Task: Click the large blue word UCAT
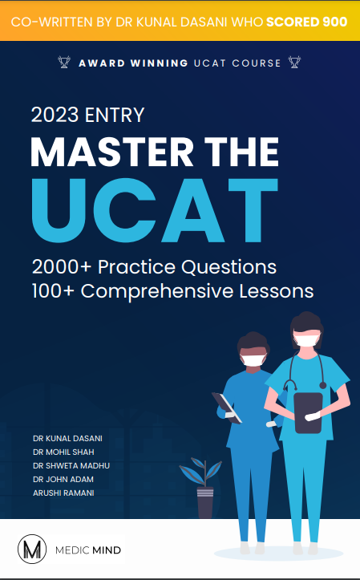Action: point(155,210)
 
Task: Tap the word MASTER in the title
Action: point(112,152)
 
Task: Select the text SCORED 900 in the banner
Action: point(307,22)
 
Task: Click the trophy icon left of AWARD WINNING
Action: point(64,62)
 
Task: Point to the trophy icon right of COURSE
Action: point(294,62)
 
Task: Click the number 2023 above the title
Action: point(55,115)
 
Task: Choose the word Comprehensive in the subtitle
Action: point(157,292)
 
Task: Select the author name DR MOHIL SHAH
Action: point(63,452)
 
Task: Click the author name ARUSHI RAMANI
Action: point(63,493)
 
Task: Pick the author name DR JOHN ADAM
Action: point(63,479)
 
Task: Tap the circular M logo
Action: point(32,549)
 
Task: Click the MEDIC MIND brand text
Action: point(88,550)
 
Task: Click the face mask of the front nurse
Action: point(305,339)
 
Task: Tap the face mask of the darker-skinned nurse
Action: point(253,360)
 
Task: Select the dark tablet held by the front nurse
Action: point(308,412)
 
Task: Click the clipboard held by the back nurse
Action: point(227,408)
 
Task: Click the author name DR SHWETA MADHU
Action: point(71,465)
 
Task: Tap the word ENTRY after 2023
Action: point(115,115)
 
